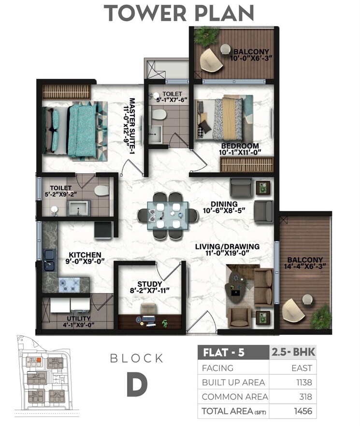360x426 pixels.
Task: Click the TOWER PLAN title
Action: point(180,13)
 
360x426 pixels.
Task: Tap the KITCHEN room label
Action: point(85,254)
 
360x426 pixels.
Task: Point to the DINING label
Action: point(224,204)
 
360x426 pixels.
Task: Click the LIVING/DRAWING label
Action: point(227,247)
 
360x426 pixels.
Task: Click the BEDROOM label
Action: point(240,146)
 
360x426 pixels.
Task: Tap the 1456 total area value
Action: point(302,411)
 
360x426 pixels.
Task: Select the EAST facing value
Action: point(302,368)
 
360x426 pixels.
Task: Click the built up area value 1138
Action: point(302,382)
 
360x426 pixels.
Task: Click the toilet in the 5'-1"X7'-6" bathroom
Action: point(158,114)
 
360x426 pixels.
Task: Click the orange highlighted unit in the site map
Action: point(35,360)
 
